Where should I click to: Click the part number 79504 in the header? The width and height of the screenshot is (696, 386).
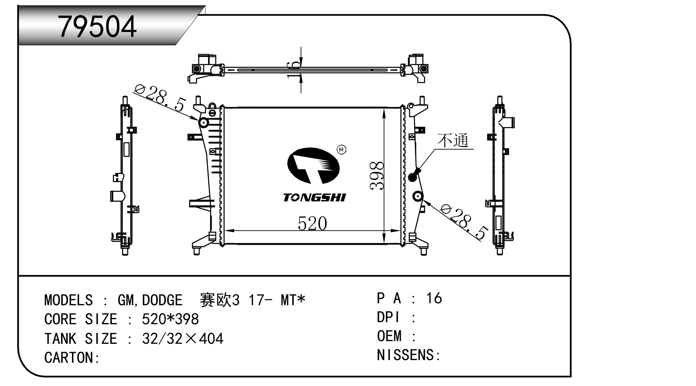click(97, 26)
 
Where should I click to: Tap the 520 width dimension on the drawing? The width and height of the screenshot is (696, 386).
click(312, 223)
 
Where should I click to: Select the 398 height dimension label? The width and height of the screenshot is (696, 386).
click(377, 175)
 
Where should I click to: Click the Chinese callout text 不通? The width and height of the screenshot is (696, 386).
click(453, 141)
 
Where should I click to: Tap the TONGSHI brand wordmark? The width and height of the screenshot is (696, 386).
click(315, 197)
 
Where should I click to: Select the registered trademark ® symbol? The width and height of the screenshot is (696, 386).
click(341, 150)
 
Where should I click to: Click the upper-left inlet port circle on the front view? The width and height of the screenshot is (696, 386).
click(204, 123)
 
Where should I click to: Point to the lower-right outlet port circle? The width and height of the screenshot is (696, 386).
click(418, 196)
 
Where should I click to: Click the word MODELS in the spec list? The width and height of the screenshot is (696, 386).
click(69, 300)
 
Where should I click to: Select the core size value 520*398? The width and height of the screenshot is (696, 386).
click(170, 319)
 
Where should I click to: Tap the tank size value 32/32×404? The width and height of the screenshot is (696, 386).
click(183, 339)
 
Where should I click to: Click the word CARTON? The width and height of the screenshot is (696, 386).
click(69, 358)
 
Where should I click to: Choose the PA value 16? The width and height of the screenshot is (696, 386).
click(434, 298)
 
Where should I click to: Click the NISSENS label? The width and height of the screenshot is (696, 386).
click(405, 355)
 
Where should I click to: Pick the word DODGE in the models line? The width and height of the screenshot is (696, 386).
click(162, 300)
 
